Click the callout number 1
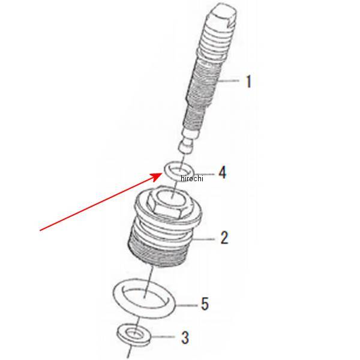(x=248, y=82)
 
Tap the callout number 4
(x=222, y=173)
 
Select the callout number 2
(x=224, y=238)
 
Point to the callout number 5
(x=205, y=304)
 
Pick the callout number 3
(x=185, y=338)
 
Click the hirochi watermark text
(x=192, y=178)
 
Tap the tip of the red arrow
(x=161, y=173)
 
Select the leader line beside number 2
(x=203, y=239)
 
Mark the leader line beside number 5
(x=187, y=305)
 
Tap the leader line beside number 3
(x=163, y=337)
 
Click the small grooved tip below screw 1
(x=187, y=147)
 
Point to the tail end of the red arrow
(x=40, y=230)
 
